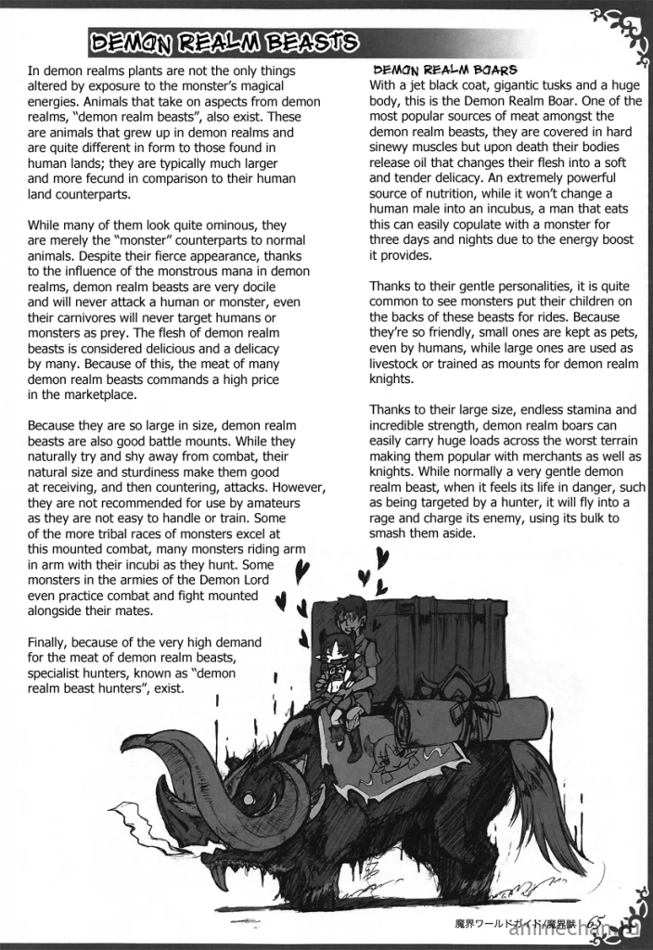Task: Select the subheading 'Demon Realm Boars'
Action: pyautogui.click(x=445, y=71)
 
